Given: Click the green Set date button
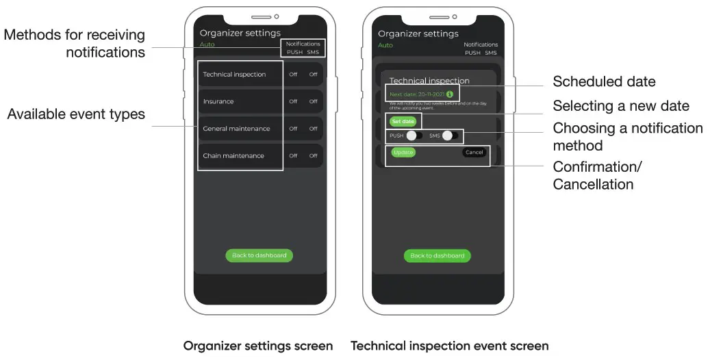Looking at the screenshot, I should (x=403, y=121).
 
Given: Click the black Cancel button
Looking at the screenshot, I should (x=474, y=152).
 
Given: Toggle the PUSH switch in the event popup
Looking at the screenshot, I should (x=414, y=136).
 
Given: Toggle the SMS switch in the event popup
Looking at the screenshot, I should (x=450, y=136).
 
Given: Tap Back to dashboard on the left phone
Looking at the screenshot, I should (x=259, y=255).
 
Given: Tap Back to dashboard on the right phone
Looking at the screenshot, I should (x=437, y=255).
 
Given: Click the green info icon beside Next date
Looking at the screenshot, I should (x=450, y=94).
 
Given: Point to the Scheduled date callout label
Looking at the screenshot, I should (x=604, y=82).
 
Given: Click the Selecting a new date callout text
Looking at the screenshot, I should (x=620, y=106).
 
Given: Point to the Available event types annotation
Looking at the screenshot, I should (x=76, y=114).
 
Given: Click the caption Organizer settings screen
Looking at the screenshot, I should (x=258, y=346).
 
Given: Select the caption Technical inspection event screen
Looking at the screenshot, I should (x=449, y=346).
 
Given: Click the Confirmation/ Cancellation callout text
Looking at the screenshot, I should (x=597, y=176).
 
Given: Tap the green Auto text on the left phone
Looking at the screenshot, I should (x=207, y=44).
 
